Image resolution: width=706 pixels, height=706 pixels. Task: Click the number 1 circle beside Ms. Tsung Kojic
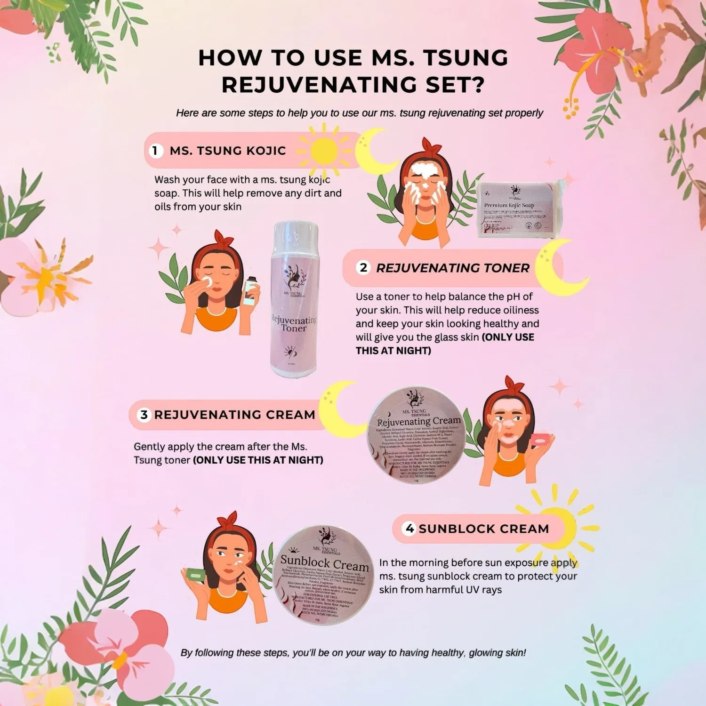point(155,151)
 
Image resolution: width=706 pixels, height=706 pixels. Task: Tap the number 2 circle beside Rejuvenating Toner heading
point(363,268)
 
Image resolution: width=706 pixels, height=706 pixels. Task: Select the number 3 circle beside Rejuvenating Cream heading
point(144,415)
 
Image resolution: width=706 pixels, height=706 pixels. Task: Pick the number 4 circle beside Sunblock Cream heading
point(409,529)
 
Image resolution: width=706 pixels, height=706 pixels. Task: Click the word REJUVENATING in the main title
point(319,85)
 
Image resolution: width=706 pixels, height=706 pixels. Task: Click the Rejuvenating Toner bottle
point(294,301)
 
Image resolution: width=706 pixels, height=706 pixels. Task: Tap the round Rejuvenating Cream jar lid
point(417,435)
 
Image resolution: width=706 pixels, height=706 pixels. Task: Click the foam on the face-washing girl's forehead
point(426,169)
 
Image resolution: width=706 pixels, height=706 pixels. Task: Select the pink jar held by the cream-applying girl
point(540,440)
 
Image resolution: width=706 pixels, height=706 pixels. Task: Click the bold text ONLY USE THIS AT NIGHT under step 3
point(258,460)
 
